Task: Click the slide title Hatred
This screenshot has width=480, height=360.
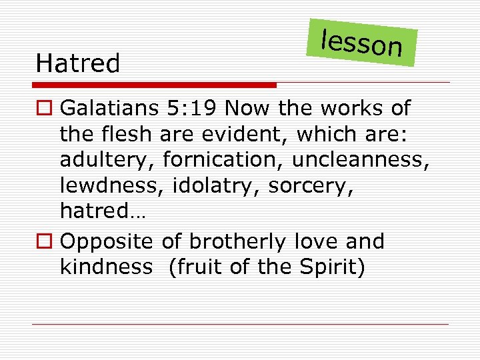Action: tap(78, 64)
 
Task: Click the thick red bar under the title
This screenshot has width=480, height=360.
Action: tap(155, 85)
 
